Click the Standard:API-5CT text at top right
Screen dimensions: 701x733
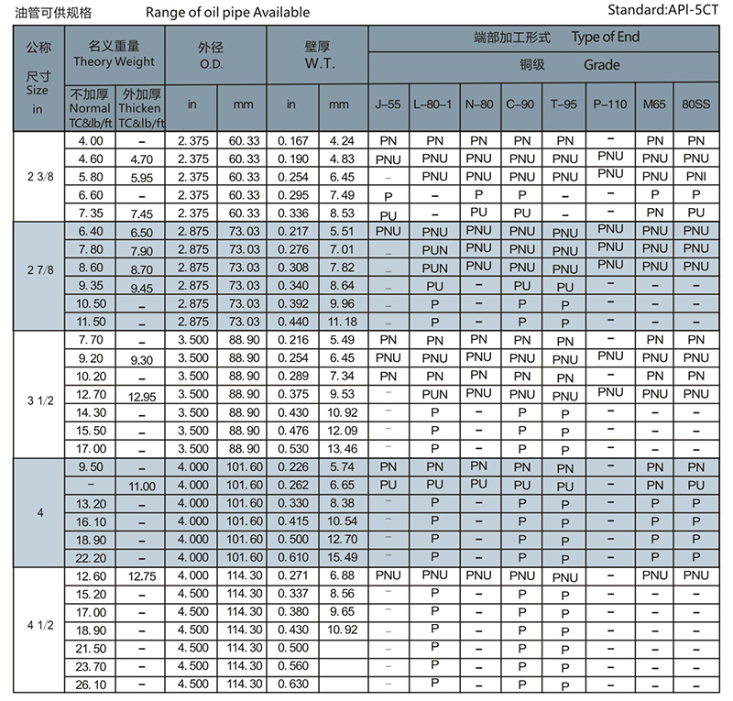(x=666, y=13)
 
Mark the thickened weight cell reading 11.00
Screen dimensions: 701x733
(x=142, y=485)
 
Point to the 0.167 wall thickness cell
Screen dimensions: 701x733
(x=292, y=140)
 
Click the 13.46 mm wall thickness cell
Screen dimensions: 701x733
(x=341, y=448)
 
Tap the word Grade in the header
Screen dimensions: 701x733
(x=601, y=65)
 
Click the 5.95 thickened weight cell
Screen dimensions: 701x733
(x=142, y=177)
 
